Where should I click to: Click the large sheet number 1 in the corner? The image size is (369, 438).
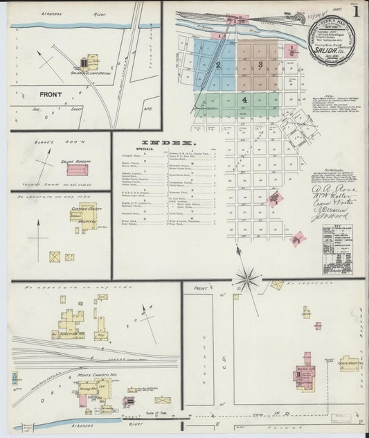[356, 11]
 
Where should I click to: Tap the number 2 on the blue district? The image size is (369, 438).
[218, 65]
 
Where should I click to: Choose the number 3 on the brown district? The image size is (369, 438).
[260, 64]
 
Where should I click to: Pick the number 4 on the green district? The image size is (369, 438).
[244, 100]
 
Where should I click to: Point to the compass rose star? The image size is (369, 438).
[247, 279]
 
